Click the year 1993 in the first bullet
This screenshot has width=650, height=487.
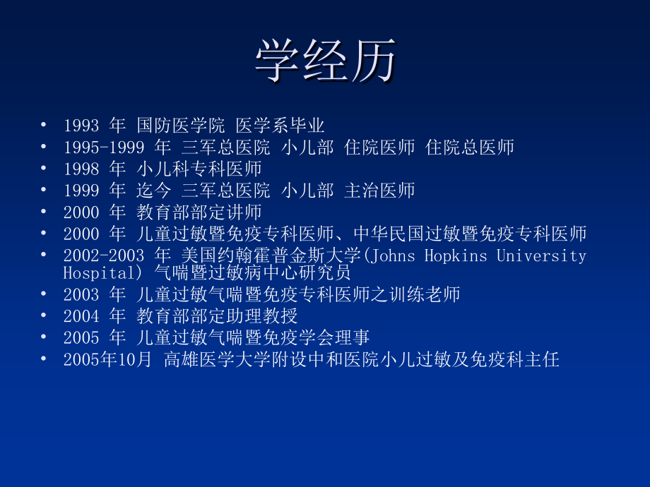click(x=81, y=126)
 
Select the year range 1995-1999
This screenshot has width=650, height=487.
click(x=104, y=148)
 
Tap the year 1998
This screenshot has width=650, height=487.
click(x=81, y=169)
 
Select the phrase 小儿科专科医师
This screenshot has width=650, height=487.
click(x=199, y=169)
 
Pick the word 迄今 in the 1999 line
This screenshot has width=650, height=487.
click(x=154, y=191)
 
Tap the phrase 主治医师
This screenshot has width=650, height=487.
click(x=379, y=191)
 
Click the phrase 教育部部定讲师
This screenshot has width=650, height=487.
click(x=199, y=212)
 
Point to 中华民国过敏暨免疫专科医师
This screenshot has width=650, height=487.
click(x=470, y=234)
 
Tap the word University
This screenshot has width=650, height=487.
click(x=541, y=255)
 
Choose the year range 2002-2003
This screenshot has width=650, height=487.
click(x=104, y=255)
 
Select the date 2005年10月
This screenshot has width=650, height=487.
click(x=107, y=360)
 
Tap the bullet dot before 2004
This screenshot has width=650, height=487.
click(x=45, y=315)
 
